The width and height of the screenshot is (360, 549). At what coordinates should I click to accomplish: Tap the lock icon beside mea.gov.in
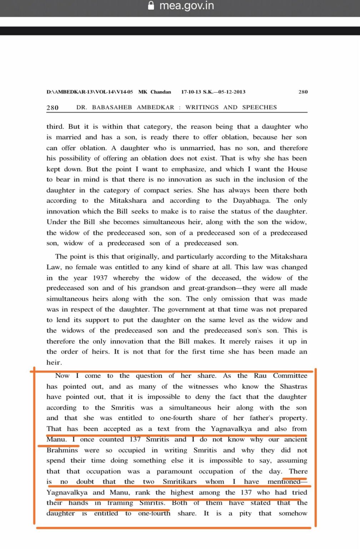pos(151,6)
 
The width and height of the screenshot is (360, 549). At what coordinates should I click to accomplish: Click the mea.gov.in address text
pos(186,6)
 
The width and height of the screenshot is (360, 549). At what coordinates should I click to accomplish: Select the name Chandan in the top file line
pos(161,92)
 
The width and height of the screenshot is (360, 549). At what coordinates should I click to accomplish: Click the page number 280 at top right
pos(303,92)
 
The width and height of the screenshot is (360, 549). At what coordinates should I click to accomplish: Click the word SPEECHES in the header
pos(260,107)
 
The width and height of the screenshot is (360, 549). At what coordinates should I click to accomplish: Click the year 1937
pos(100,278)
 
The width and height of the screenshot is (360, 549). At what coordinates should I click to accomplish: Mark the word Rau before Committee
pos(260,375)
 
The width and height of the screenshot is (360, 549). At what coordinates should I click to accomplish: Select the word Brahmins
pos(62,450)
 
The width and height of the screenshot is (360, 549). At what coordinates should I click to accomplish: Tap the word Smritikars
pos(180,481)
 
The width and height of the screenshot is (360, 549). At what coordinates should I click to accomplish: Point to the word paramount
pos(174,471)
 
